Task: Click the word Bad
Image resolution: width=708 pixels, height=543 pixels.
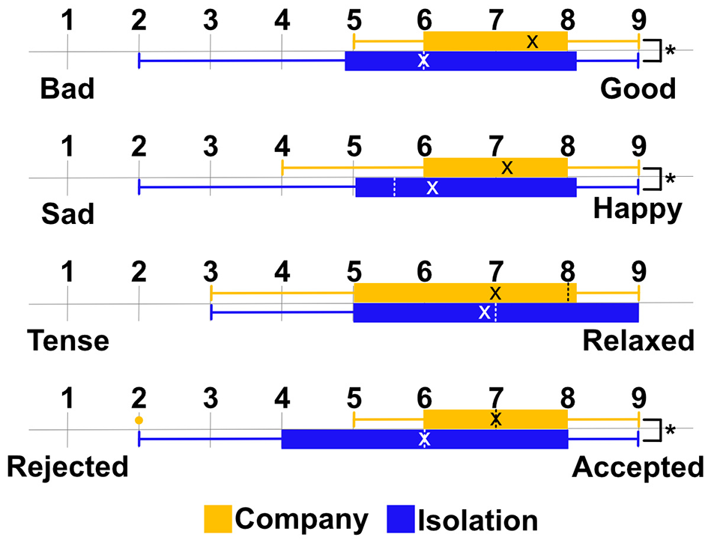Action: [67, 89]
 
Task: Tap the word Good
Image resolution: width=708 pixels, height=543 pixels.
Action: [638, 89]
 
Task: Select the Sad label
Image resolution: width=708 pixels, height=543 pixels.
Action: [67, 214]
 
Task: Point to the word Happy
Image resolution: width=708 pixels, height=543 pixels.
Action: [638, 210]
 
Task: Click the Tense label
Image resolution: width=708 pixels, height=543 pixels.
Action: [68, 342]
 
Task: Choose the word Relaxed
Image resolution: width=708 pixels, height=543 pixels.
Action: [638, 342]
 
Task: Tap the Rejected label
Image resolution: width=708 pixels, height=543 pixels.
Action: [68, 468]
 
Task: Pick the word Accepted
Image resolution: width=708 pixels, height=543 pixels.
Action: [638, 468]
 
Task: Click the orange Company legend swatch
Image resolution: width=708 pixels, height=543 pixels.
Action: [219, 519]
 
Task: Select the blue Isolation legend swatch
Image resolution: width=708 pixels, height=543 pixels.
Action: [402, 519]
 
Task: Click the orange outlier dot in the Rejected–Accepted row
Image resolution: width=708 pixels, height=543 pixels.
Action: [139, 420]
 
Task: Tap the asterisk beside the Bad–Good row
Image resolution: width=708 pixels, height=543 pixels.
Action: [671, 52]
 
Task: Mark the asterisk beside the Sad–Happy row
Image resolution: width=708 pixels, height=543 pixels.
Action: [671, 179]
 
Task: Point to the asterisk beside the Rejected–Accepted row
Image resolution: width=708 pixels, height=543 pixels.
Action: [671, 431]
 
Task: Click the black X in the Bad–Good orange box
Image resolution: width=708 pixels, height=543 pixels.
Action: [532, 42]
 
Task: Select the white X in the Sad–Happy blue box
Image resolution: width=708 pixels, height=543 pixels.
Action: [432, 187]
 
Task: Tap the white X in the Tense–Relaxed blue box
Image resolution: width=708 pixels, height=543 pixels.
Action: [484, 312]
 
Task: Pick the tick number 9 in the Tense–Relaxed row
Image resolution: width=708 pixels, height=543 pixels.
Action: [638, 267]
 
